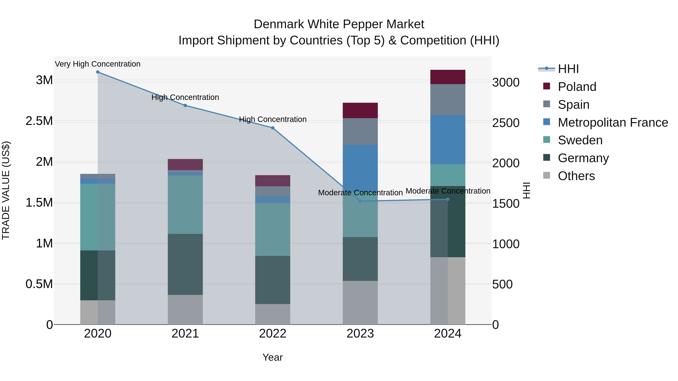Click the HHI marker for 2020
click(x=98, y=72)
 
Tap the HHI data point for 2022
click(x=273, y=128)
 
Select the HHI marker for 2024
click(x=448, y=199)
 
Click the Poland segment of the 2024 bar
click(x=448, y=77)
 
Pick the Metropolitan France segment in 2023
click(x=360, y=168)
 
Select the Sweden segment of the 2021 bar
click(x=185, y=205)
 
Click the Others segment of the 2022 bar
click(x=273, y=314)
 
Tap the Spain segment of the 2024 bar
click(x=448, y=100)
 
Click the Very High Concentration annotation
click(x=98, y=64)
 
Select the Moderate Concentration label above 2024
click(x=448, y=191)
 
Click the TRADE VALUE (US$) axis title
click(x=6, y=190)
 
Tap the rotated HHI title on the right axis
click(x=526, y=190)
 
